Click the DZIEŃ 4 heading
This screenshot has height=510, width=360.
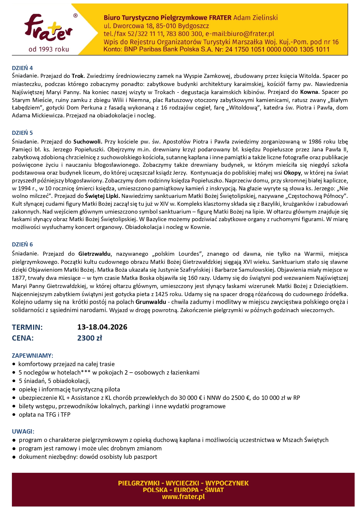[22, 68]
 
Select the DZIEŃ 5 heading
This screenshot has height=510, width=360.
[22, 133]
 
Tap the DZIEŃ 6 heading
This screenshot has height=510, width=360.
[22, 244]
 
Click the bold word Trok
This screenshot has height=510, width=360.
[78, 76]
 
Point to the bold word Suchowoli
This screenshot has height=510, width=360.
[88, 142]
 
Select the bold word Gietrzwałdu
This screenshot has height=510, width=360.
[94, 254]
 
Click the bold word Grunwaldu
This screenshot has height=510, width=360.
[151, 302]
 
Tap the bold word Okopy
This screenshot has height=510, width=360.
[292, 173]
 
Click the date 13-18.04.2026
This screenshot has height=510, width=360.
[102, 327]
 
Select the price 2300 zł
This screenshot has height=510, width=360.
[89, 338]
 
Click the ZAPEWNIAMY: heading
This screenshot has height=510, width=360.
[33, 356]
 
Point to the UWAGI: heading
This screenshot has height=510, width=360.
[23, 432]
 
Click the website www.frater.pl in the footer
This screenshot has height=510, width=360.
[183, 497]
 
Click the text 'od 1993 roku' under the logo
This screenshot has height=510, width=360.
[49, 49]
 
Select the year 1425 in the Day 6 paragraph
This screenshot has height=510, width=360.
[161, 294]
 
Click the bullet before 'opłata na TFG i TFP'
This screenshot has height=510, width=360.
[14, 415]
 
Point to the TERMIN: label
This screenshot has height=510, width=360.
[27, 327]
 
